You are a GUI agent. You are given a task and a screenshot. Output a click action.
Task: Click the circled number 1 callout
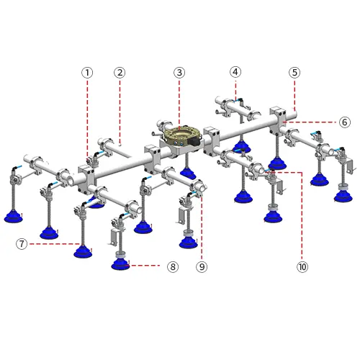pyautogui.click(x=87, y=73)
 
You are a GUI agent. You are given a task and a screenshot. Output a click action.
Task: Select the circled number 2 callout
pyautogui.click(x=120, y=73)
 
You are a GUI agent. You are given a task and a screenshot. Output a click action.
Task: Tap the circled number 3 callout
pyautogui.click(x=179, y=73)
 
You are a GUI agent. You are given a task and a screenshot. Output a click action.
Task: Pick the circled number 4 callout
pyautogui.click(x=235, y=72)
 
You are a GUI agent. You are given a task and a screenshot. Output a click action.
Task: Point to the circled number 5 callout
pyautogui.click(x=294, y=73)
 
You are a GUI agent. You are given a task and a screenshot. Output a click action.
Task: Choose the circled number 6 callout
pyautogui.click(x=345, y=122)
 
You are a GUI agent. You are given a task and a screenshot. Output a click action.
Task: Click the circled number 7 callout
pyautogui.click(x=22, y=244)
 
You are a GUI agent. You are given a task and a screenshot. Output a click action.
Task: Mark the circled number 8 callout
pyautogui.click(x=173, y=266)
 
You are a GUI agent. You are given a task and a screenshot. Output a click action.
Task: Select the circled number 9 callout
pyautogui.click(x=202, y=266)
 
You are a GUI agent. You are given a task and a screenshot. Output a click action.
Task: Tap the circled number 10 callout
pyautogui.click(x=302, y=266)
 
